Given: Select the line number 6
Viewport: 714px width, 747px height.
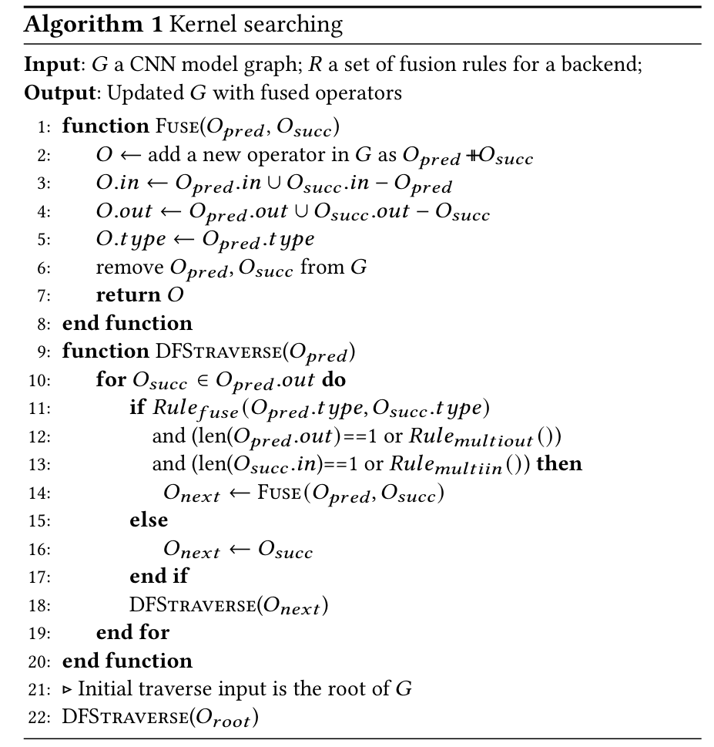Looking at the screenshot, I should [x=43, y=267].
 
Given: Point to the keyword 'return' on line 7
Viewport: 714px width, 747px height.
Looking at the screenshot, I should [x=126, y=295].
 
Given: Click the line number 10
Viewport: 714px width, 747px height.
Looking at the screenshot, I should [x=40, y=380].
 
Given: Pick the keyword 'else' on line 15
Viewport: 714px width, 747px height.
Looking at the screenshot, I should [x=149, y=520].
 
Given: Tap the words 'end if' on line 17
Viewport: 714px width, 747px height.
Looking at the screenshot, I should [x=159, y=577].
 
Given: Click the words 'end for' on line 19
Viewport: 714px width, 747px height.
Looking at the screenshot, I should [x=132, y=633].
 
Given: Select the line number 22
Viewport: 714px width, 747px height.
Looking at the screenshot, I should [x=40, y=718].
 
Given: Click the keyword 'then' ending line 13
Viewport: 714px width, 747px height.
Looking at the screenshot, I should [x=560, y=464].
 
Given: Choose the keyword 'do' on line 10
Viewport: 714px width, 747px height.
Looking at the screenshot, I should [x=334, y=380].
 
